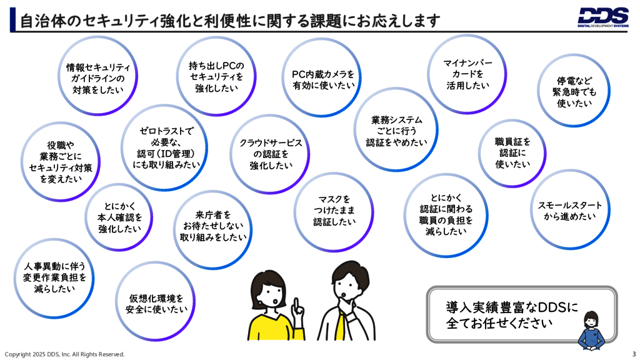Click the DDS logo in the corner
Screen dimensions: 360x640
coord(602,17)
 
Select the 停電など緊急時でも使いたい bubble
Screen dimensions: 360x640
coord(574,91)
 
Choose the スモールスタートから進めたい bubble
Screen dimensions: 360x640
coord(570,211)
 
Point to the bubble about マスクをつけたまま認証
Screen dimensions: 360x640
coord(334,211)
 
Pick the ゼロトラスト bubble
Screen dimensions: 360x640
coord(166,147)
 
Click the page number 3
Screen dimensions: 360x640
coord(633,354)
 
